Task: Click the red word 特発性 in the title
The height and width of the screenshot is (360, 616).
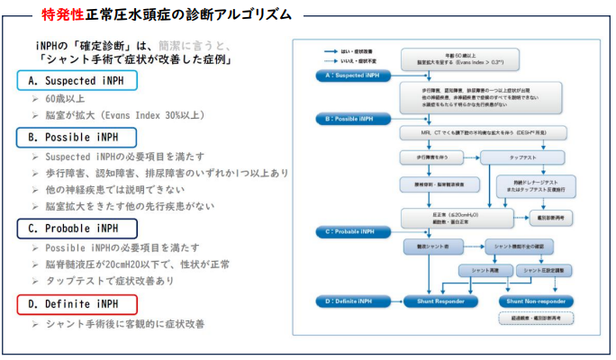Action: click(x=65, y=15)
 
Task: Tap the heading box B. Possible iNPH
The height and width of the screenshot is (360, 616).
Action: click(x=77, y=138)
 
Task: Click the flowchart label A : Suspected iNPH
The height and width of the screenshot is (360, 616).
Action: click(x=346, y=76)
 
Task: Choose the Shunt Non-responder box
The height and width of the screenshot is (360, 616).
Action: click(x=535, y=300)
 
